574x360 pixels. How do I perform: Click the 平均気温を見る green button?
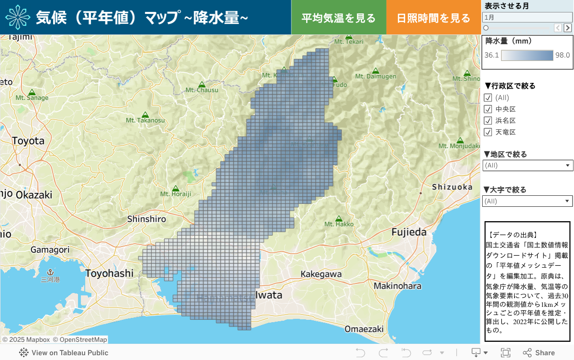(x=339, y=18)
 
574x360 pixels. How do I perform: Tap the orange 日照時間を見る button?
(x=433, y=18)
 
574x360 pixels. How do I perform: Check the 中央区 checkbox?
(x=488, y=109)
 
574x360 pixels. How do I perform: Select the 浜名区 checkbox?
(x=488, y=121)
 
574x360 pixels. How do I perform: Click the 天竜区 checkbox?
(x=488, y=132)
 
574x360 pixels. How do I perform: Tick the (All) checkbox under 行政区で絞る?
(x=488, y=98)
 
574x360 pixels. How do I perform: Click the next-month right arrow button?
(x=568, y=28)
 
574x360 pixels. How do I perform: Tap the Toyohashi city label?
(x=110, y=273)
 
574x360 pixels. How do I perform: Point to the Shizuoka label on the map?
(x=452, y=187)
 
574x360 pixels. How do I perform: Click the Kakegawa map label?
(x=321, y=274)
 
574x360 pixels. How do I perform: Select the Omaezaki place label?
(x=364, y=329)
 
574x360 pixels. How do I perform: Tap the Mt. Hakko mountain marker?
(x=339, y=218)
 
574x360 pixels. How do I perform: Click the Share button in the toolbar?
(x=539, y=353)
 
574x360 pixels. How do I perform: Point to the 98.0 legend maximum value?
(x=563, y=55)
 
